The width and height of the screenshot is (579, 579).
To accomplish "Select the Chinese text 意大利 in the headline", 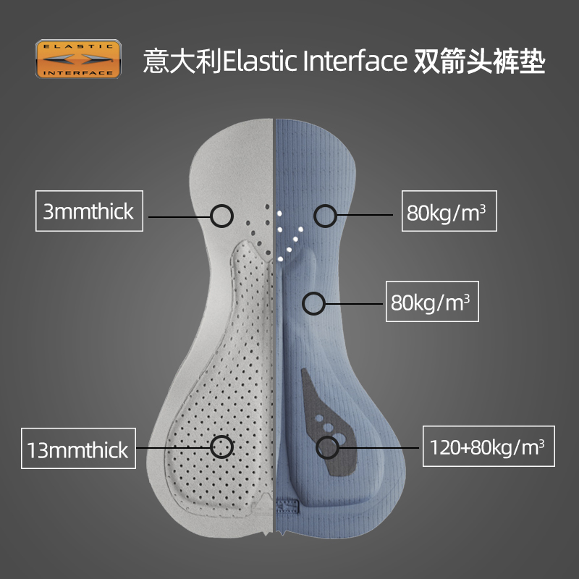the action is pyautogui.click(x=182, y=61).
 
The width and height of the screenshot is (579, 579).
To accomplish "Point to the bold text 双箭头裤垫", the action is pyautogui.click(x=478, y=61).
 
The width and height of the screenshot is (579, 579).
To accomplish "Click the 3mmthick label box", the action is pyautogui.click(x=88, y=211).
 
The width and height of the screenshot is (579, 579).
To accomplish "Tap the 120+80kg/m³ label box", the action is pyautogui.click(x=487, y=446).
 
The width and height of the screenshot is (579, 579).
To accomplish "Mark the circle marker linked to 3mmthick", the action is pyautogui.click(x=222, y=214).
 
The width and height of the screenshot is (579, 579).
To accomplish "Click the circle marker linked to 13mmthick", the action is pyautogui.click(x=221, y=447).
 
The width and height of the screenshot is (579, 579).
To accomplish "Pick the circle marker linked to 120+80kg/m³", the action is pyautogui.click(x=328, y=447).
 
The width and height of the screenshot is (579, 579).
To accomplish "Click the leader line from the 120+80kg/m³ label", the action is pyautogui.click(x=380, y=447).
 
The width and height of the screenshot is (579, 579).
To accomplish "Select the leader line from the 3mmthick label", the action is pyautogui.click(x=177, y=215).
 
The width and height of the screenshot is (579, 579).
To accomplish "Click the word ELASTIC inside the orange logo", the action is pyautogui.click(x=78, y=48).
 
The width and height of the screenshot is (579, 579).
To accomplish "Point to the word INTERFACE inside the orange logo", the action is pyautogui.click(x=78, y=72).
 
